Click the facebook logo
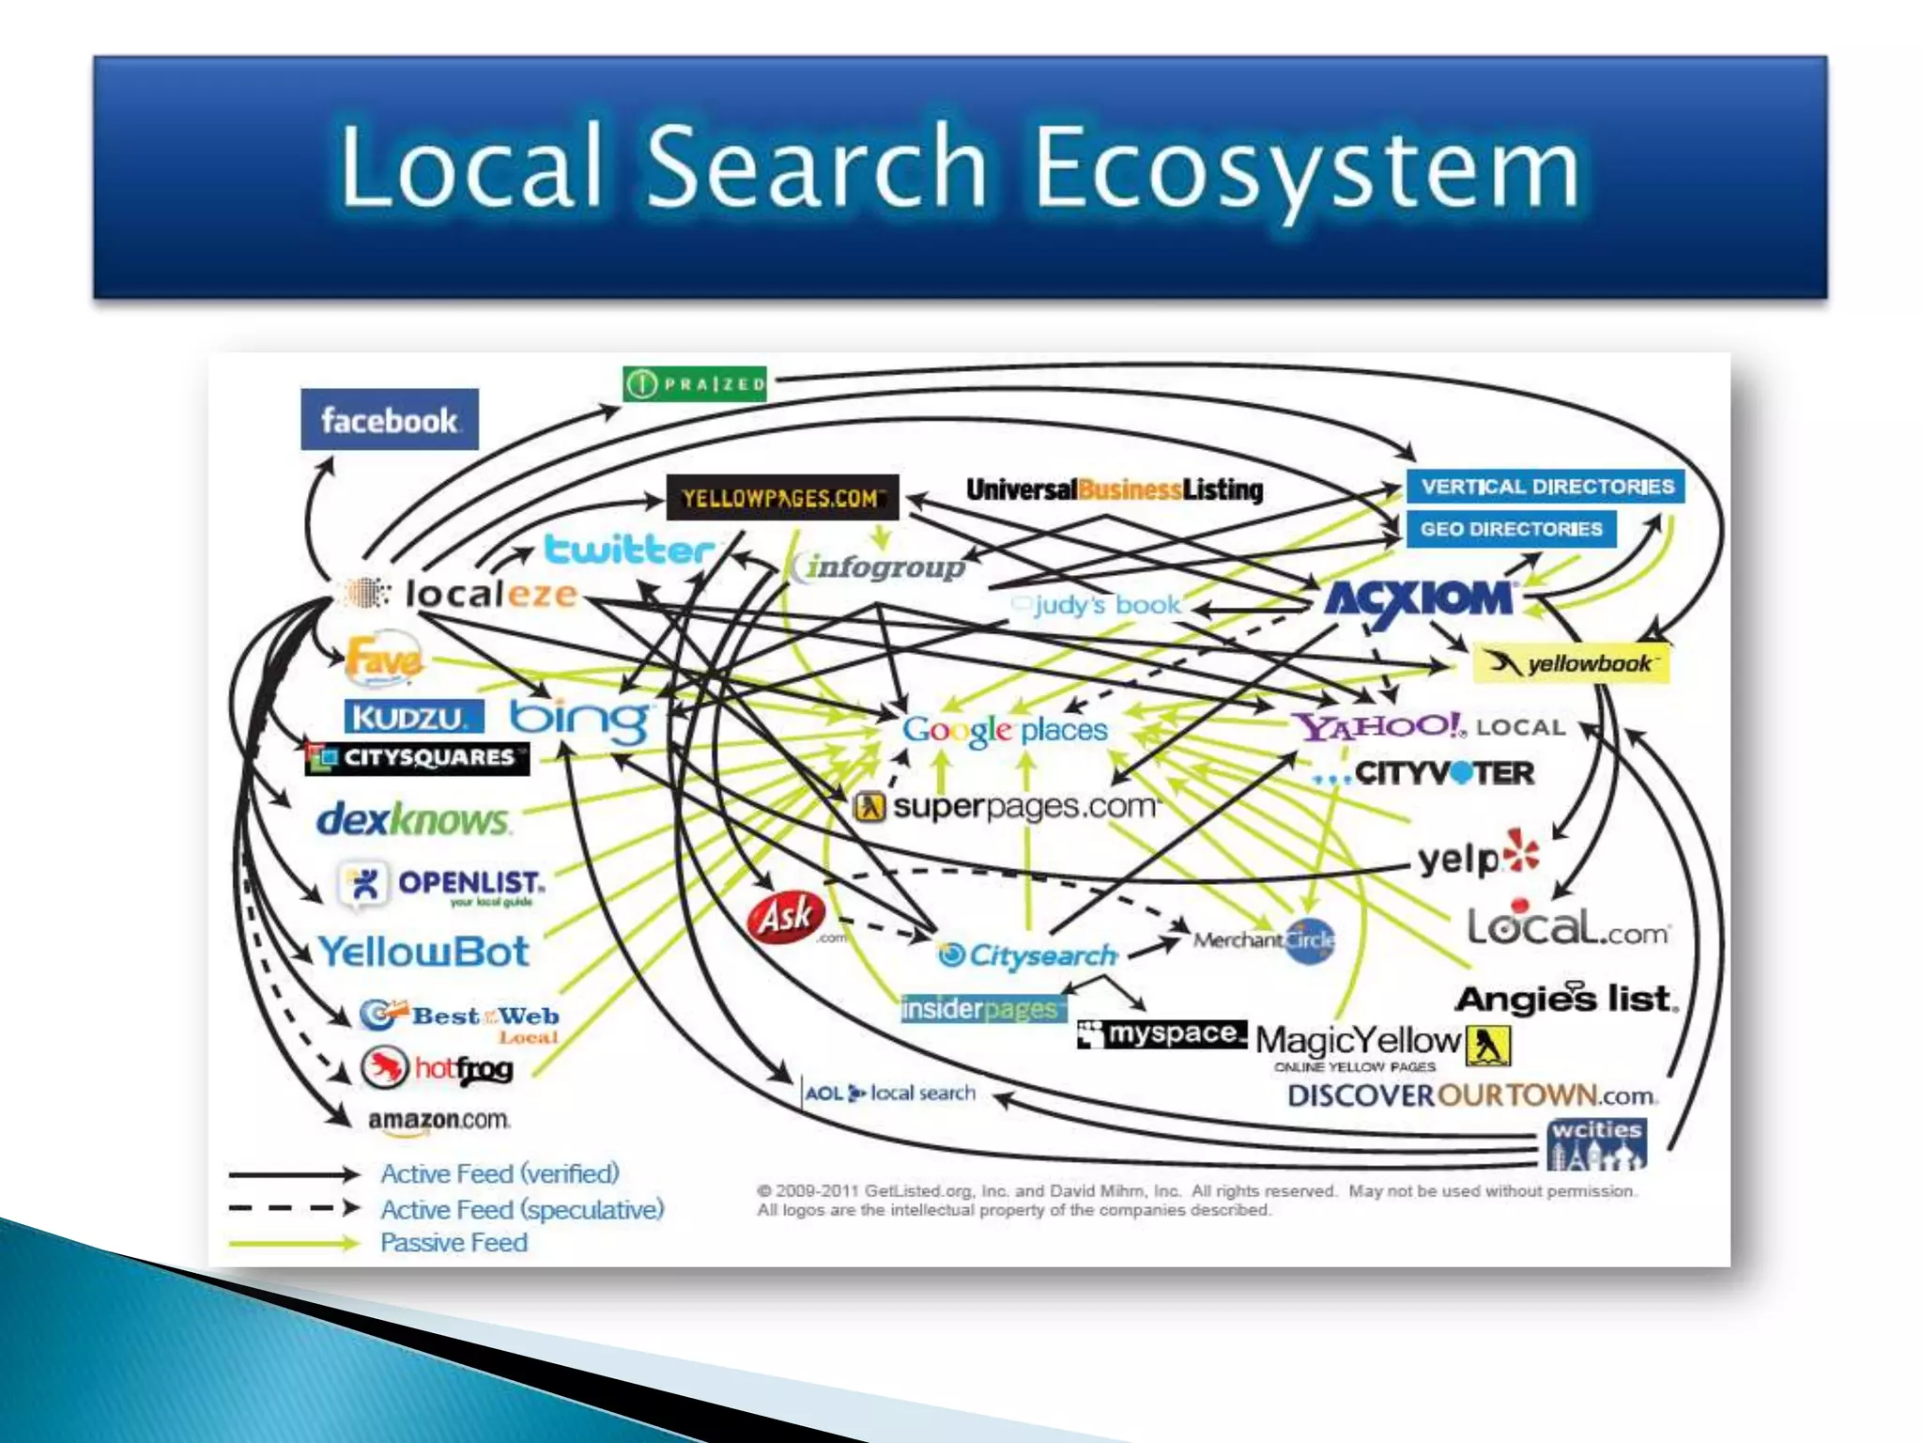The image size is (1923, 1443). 389,419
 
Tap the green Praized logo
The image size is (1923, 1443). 695,383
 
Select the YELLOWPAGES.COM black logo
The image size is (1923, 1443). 782,497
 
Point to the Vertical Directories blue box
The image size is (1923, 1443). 1546,487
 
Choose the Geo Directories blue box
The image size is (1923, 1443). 1511,529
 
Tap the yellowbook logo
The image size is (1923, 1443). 1572,663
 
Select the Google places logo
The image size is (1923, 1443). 1005,730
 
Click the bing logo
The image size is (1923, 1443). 579,720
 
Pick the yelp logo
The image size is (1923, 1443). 1477,856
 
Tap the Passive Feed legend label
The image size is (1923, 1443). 454,1242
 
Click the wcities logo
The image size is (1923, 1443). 1596,1143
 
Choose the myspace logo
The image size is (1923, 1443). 1162,1034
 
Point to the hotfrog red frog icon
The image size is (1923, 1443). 384,1068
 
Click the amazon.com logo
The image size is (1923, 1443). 438,1121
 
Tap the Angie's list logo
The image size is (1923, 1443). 1566,999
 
